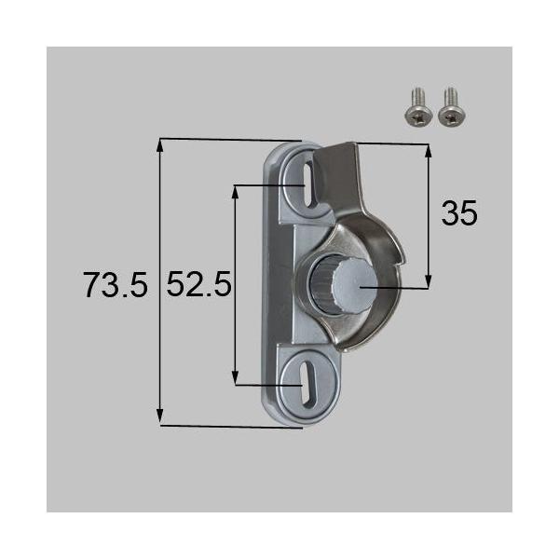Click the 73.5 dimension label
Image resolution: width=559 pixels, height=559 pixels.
click(x=115, y=285)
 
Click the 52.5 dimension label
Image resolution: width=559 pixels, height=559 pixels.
click(x=198, y=285)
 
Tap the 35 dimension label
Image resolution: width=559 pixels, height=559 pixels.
click(x=458, y=214)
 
